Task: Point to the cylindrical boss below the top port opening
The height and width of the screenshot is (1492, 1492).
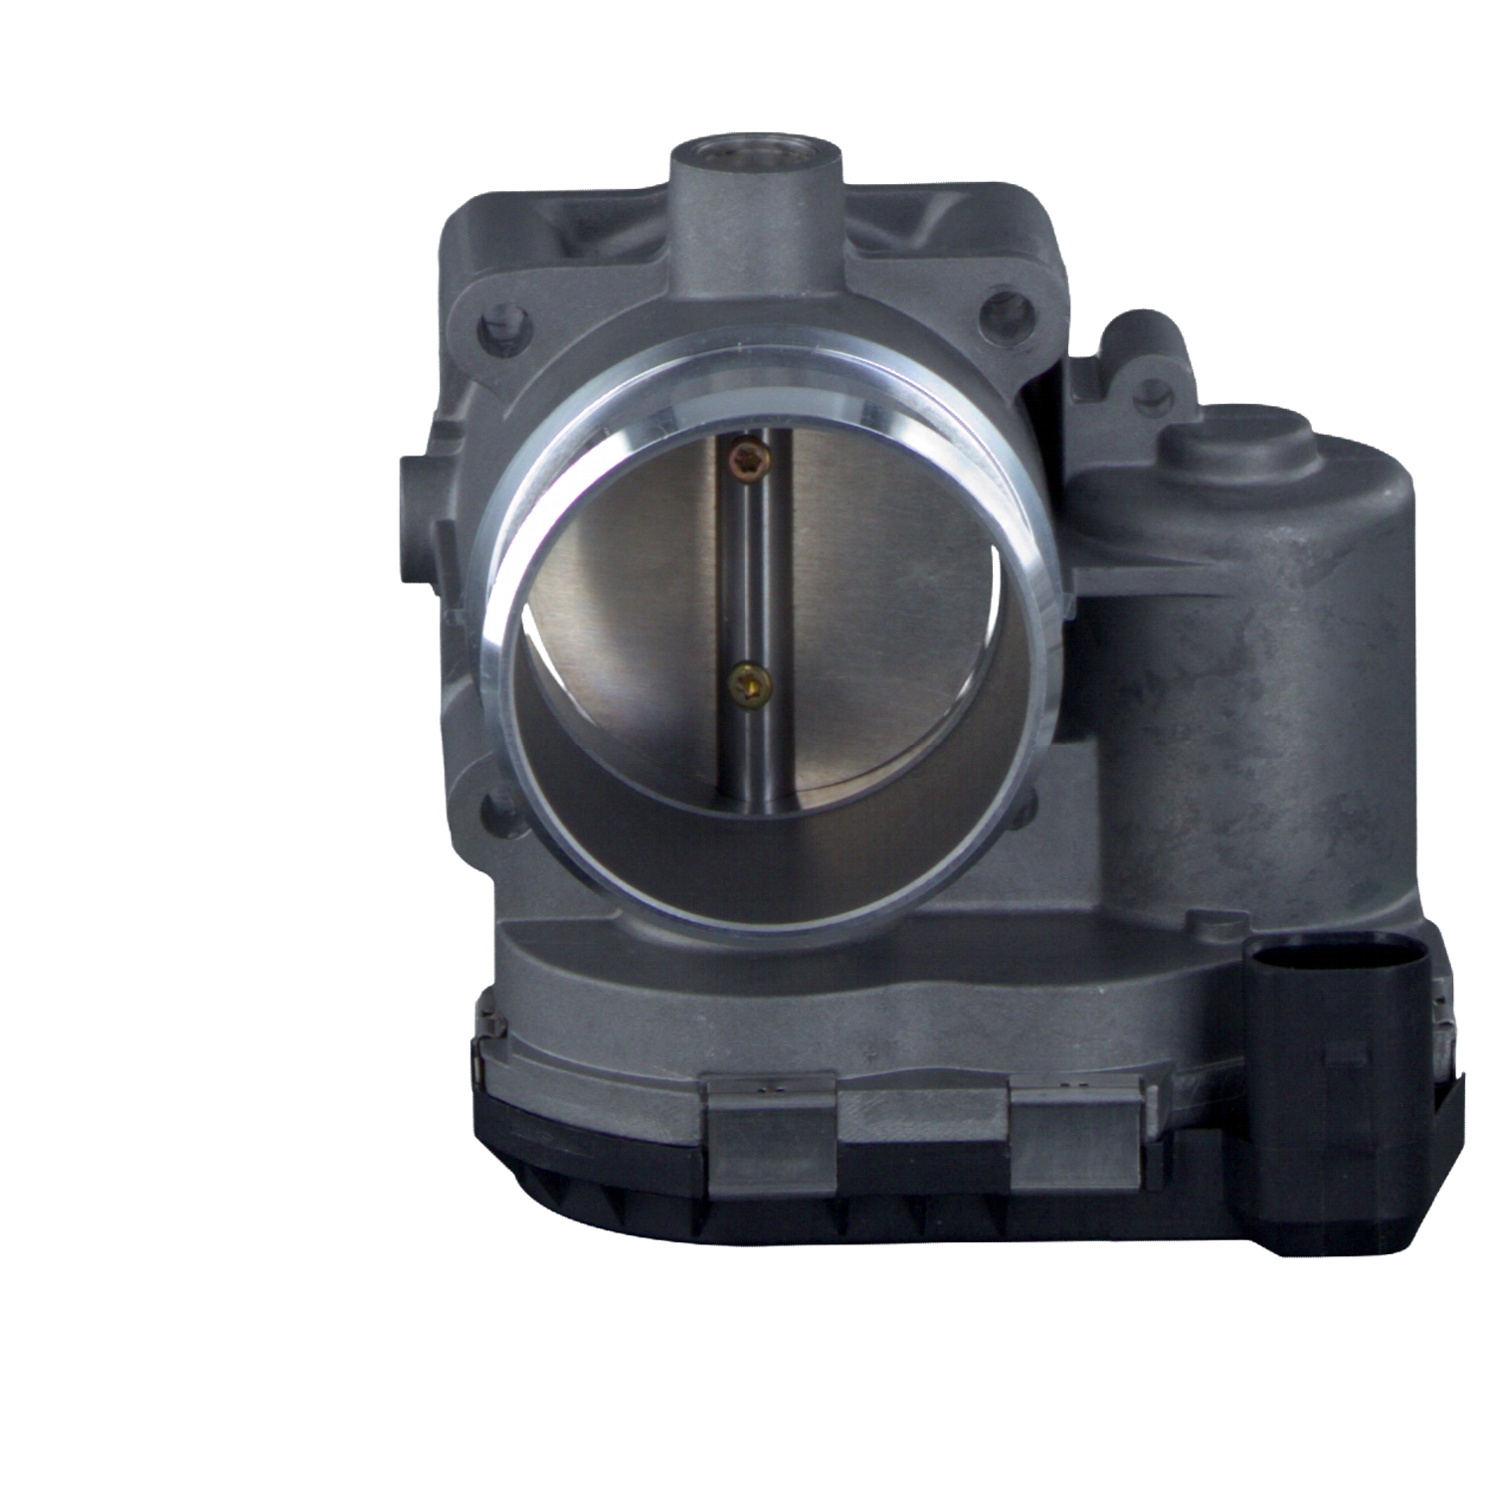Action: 757,229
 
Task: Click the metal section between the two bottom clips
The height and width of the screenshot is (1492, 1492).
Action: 920,1114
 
